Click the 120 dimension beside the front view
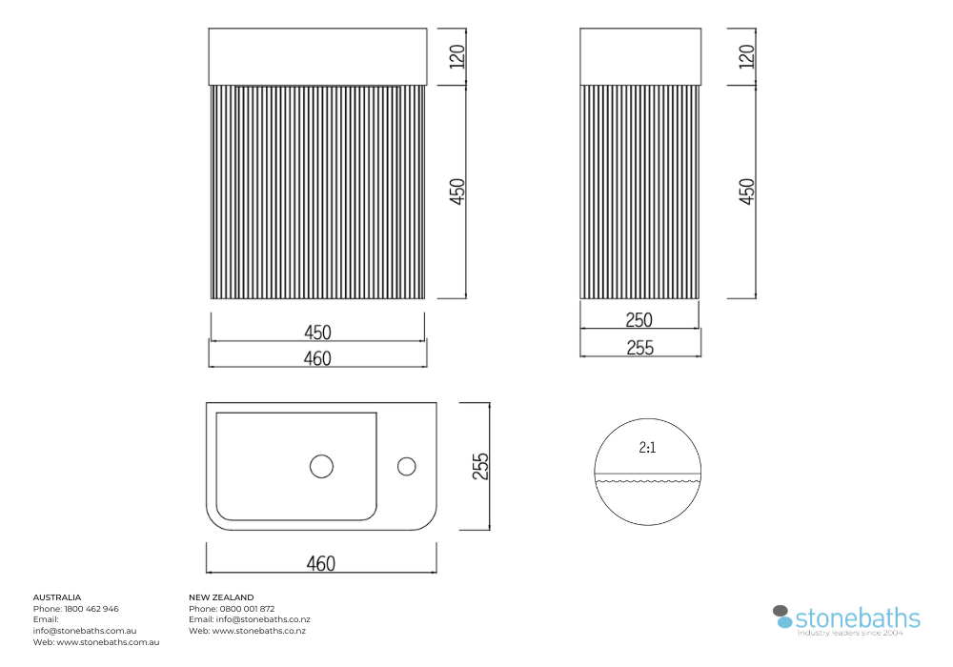click(457, 56)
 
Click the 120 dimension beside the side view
click(747, 56)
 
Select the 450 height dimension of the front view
click(457, 192)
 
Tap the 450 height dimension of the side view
click(747, 192)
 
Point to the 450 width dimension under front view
click(317, 333)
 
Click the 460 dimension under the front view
click(317, 358)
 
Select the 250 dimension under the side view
click(639, 319)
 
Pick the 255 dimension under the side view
click(640, 348)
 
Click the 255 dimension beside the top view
click(480, 466)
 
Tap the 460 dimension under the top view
click(321, 564)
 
